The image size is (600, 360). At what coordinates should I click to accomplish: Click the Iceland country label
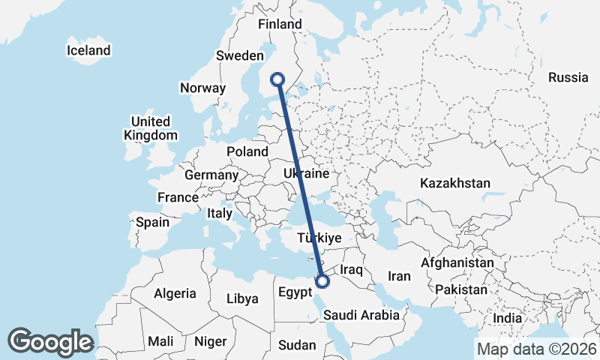pyautogui.click(x=88, y=50)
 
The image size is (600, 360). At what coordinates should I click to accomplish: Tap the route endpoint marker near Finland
pyautogui.click(x=278, y=79)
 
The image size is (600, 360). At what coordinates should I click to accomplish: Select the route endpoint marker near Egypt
pyautogui.click(x=322, y=281)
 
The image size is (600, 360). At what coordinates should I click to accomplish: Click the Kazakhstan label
pyautogui.click(x=455, y=183)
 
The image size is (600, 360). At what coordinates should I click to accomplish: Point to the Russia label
pyautogui.click(x=568, y=77)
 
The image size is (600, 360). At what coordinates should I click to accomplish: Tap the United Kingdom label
pyautogui.click(x=151, y=128)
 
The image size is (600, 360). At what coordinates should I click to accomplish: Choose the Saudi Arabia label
pyautogui.click(x=362, y=316)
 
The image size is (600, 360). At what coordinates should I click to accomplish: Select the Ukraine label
pyautogui.click(x=306, y=173)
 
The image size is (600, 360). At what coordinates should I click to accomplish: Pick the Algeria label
pyautogui.click(x=175, y=293)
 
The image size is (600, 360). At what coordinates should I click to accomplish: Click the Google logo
pyautogui.click(x=50, y=341)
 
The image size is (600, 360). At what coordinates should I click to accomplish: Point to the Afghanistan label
pyautogui.click(x=457, y=263)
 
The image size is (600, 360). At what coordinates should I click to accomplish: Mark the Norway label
pyautogui.click(x=202, y=88)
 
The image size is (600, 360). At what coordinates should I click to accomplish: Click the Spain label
pyautogui.click(x=153, y=222)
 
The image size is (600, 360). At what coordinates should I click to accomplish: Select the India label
pyautogui.click(x=508, y=318)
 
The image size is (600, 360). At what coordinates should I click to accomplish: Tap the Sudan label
pyautogui.click(x=297, y=345)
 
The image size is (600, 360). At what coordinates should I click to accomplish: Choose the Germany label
pyautogui.click(x=211, y=175)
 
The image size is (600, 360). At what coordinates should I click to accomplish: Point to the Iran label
pyautogui.click(x=399, y=276)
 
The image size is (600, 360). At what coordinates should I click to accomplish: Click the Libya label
pyautogui.click(x=242, y=298)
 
